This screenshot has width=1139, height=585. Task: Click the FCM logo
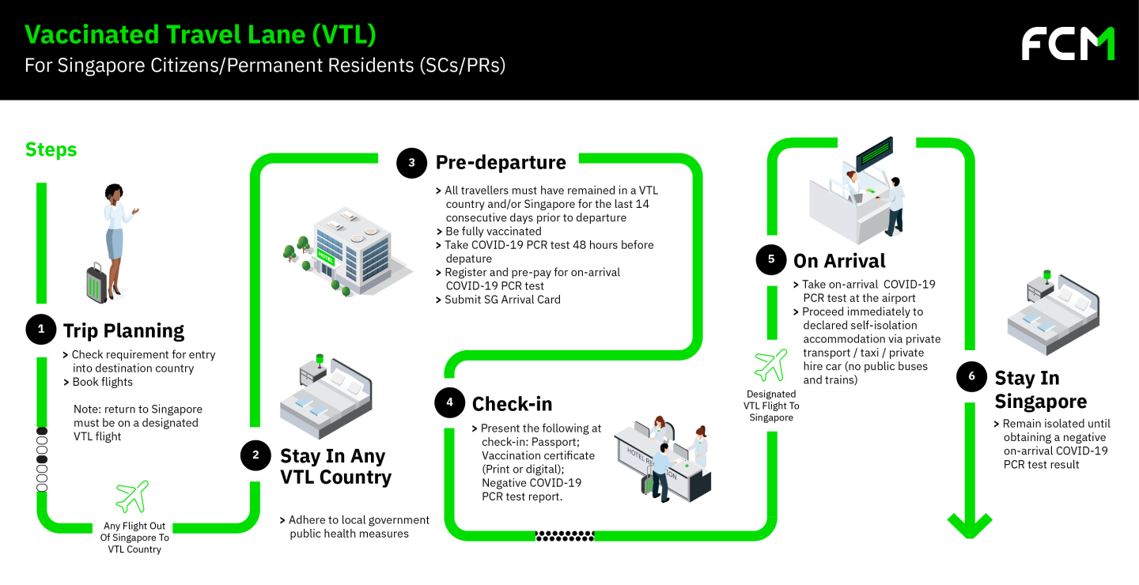tap(1068, 43)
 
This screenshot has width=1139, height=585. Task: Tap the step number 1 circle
tap(41, 330)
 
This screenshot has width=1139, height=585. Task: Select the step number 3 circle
tap(411, 163)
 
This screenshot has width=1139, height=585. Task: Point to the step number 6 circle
tap(971, 376)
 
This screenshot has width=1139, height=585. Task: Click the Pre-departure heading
tap(501, 163)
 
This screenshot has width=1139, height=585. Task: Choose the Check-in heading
tap(512, 404)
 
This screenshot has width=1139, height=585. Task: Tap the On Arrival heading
tap(839, 261)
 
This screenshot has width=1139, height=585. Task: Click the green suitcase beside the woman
tap(96, 283)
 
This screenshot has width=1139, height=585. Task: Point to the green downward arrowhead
tap(970, 524)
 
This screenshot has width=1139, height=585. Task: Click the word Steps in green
tap(51, 149)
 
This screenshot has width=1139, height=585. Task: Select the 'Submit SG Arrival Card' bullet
tap(502, 300)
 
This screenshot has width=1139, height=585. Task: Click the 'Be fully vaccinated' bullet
tap(493, 232)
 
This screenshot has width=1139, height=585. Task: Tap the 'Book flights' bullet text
tap(102, 382)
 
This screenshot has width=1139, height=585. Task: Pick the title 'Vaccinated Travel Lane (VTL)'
tap(200, 35)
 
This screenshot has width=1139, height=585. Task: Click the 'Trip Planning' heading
tap(123, 330)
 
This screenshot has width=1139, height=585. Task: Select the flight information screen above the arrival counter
tap(873, 155)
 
